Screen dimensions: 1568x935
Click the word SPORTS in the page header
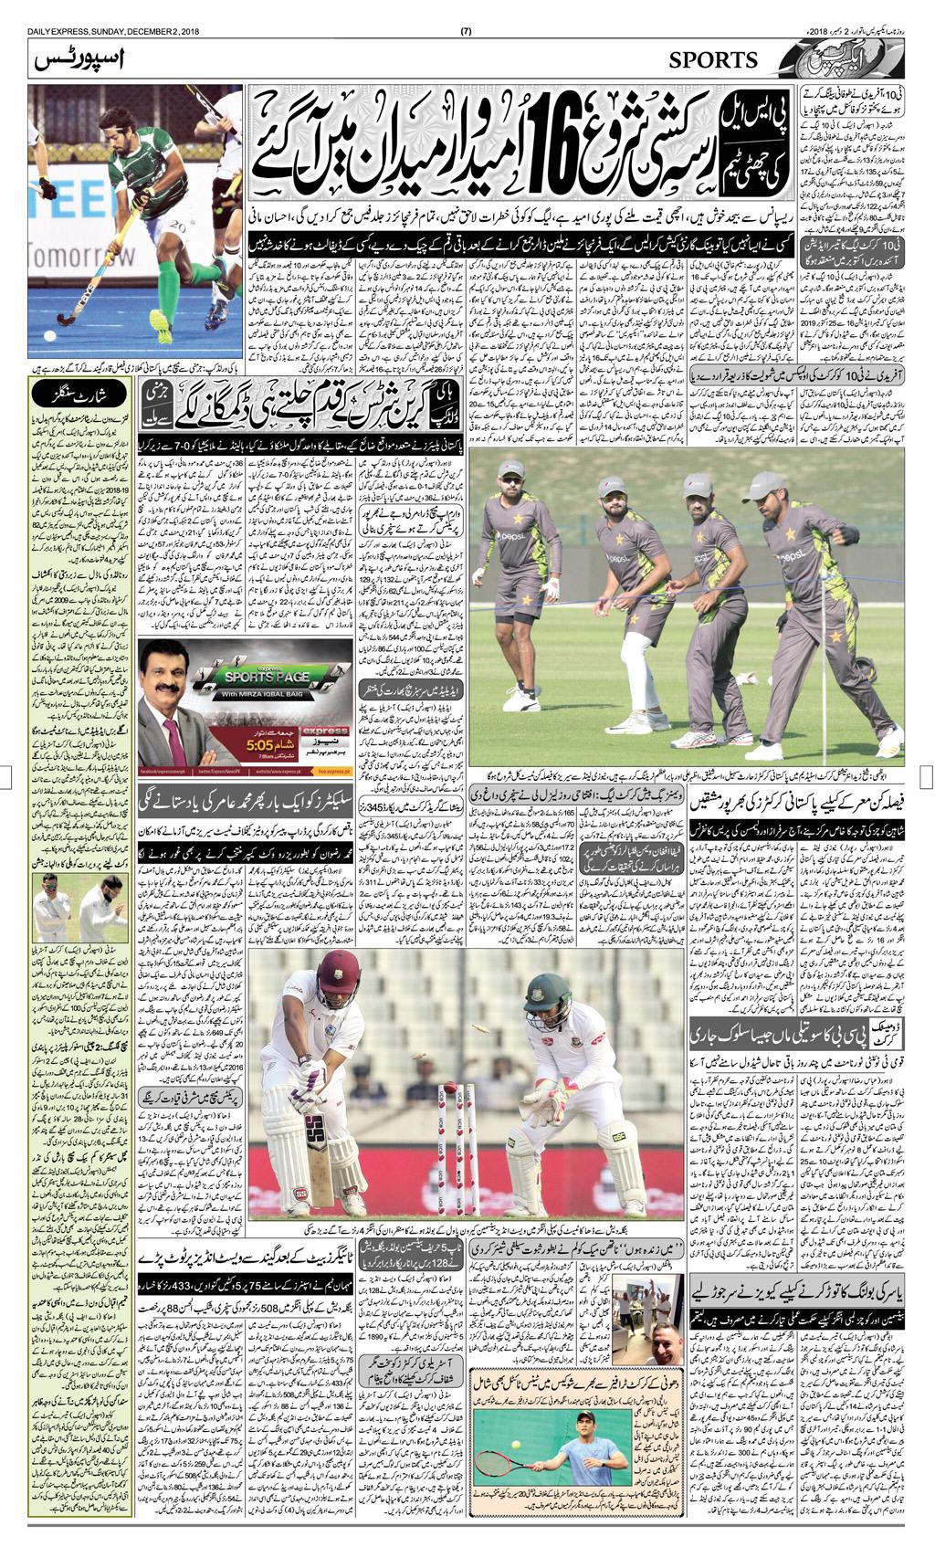pos(713,60)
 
